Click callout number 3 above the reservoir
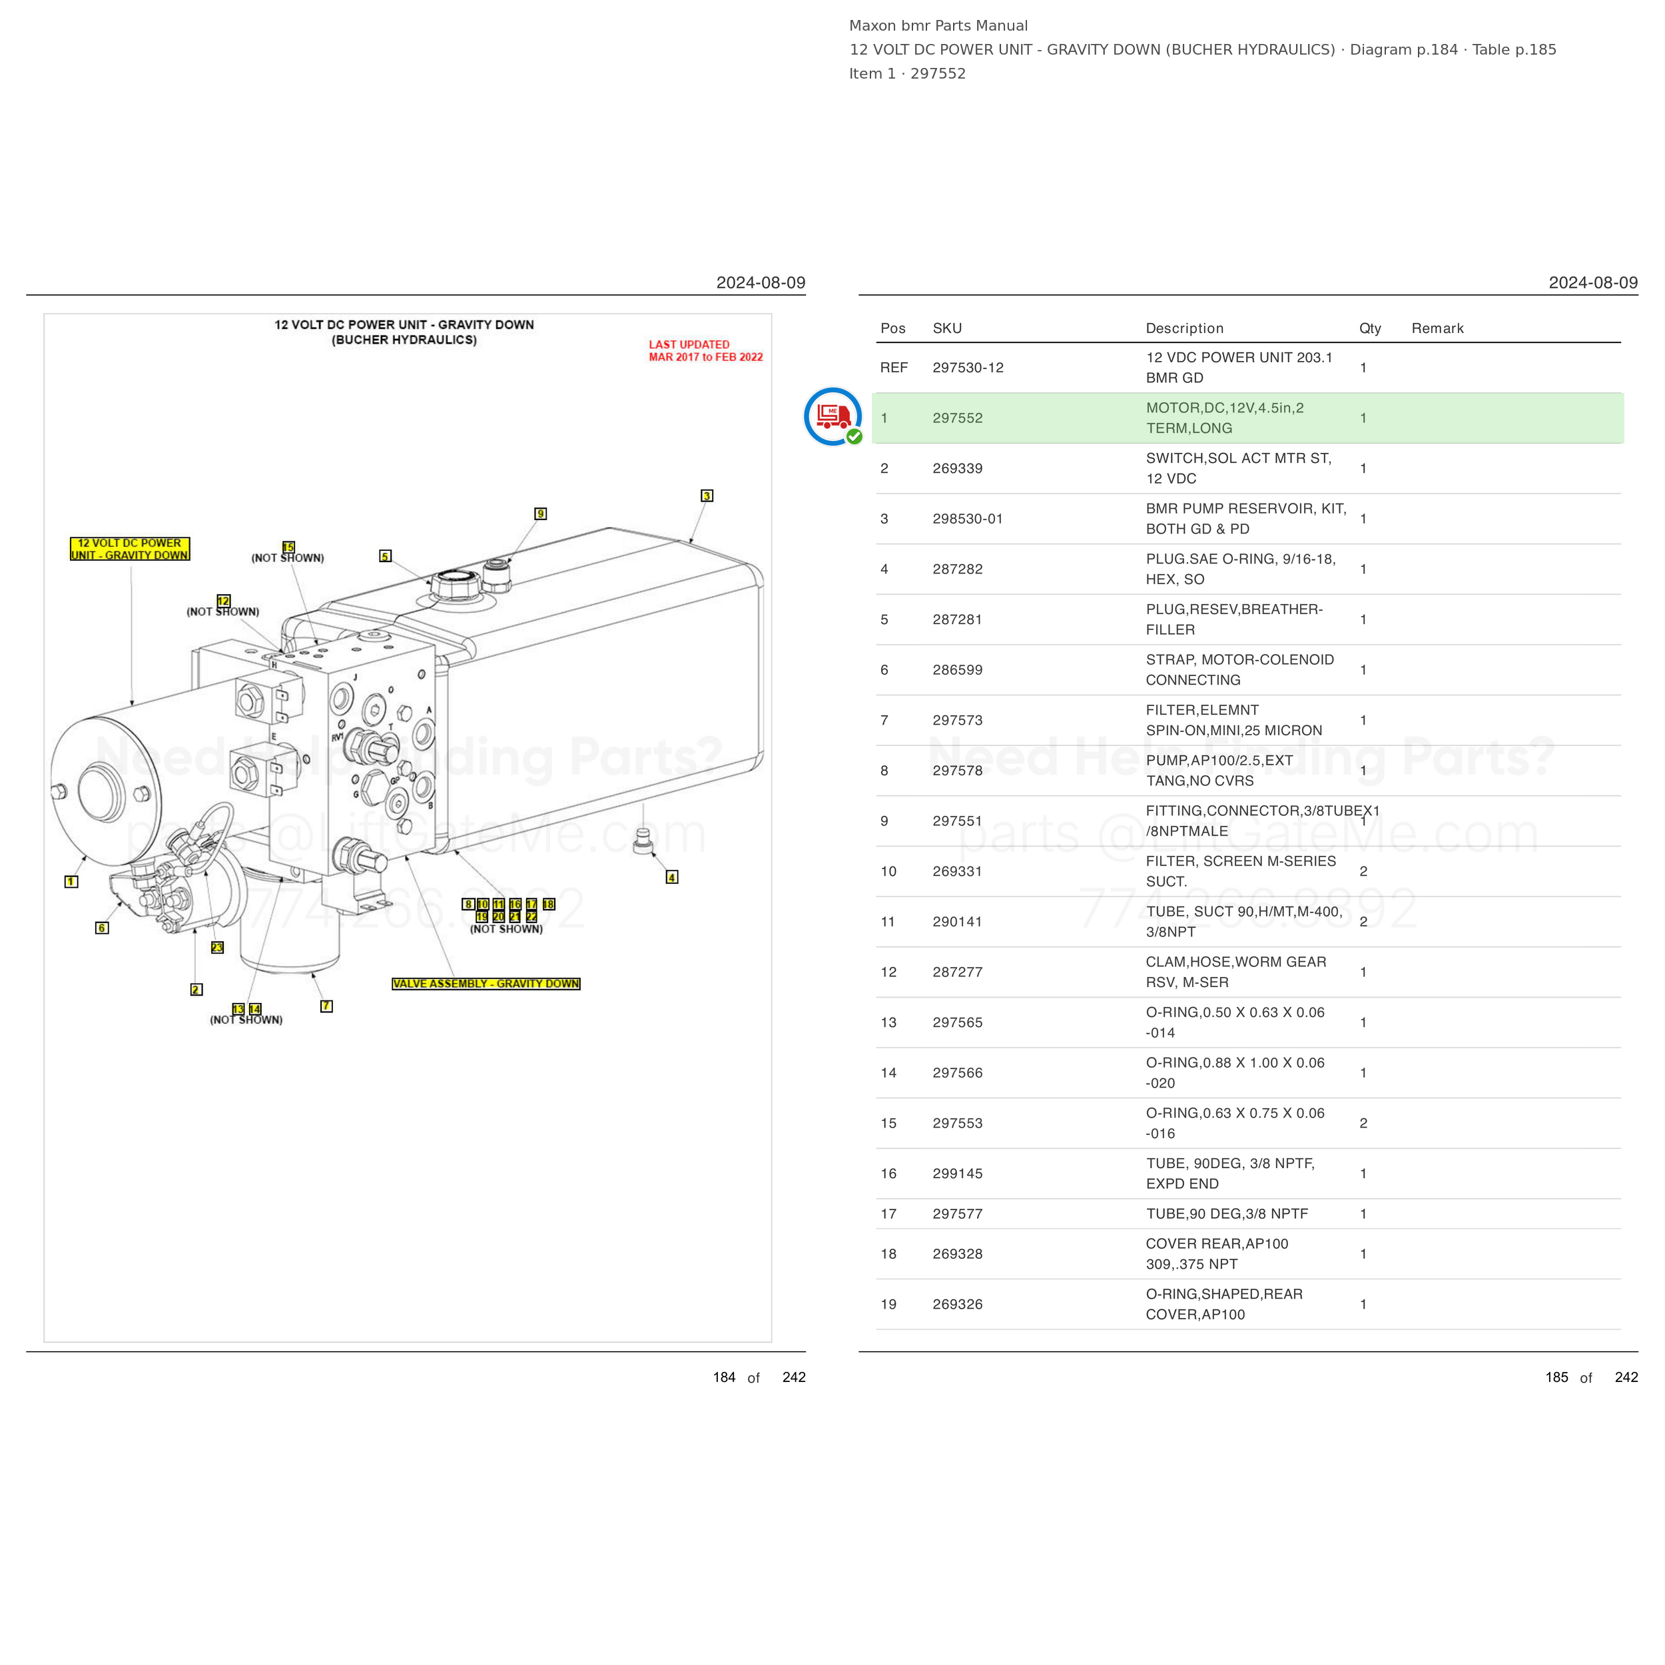707,496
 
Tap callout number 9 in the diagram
540,513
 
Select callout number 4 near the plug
672,877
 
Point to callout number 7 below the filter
326,1006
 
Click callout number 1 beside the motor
71,882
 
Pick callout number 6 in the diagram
102,928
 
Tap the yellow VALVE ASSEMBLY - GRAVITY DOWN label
486,983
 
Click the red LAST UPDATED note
706,351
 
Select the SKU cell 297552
958,418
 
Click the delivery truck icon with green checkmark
832,416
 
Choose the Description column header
1184,328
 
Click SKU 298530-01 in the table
968,519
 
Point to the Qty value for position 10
1363,871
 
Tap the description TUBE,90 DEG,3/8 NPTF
1226,1213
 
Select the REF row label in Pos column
894,368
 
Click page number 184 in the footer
724,1377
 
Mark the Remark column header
1437,328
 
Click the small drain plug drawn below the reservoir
643,841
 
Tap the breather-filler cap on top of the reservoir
454,585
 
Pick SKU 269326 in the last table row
958,1304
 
